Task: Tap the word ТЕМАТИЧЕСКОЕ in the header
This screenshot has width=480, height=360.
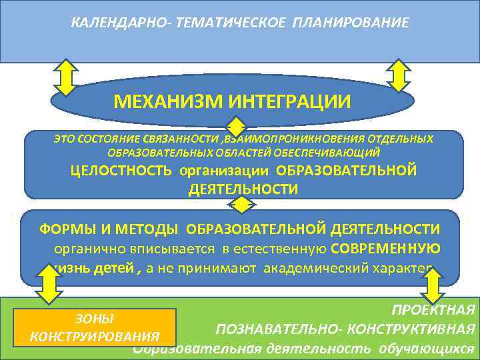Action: (x=227, y=23)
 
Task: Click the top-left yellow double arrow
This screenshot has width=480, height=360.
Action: (x=66, y=78)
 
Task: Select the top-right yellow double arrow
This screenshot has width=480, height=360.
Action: (x=398, y=76)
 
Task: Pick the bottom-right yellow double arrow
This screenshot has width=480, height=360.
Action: (x=433, y=287)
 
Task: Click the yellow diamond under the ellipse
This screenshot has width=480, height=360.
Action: (x=237, y=127)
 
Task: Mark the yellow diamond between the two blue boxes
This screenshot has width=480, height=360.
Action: (x=243, y=204)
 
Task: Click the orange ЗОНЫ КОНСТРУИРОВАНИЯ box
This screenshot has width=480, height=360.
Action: (x=95, y=327)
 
